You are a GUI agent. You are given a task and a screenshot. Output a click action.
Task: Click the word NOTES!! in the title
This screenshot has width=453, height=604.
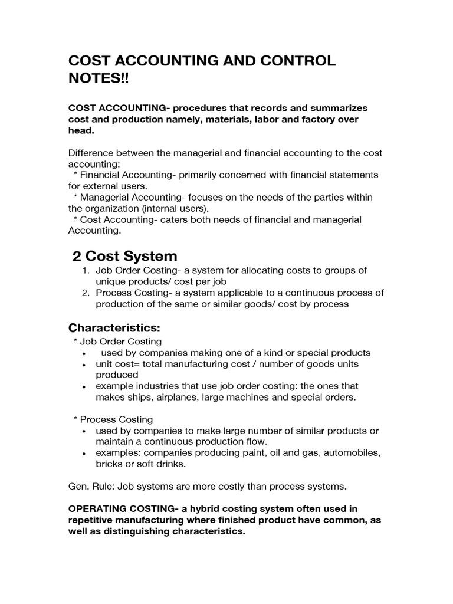(x=98, y=78)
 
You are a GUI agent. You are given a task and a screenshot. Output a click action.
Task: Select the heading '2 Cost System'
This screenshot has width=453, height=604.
(x=124, y=256)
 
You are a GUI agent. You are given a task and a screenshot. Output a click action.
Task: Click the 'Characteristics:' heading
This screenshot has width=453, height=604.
(x=114, y=327)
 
